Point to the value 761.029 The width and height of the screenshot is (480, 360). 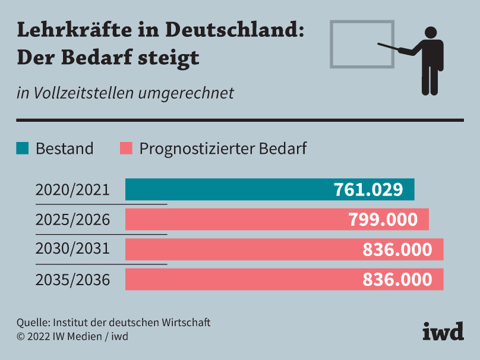(x=368, y=190)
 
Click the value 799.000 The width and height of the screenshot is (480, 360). (x=383, y=219)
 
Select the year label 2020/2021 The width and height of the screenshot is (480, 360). (x=72, y=190)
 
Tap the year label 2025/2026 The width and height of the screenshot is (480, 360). (x=72, y=219)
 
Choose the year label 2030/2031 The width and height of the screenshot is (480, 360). (x=72, y=248)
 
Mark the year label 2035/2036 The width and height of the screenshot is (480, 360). (x=72, y=279)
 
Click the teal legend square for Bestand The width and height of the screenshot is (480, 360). (x=22, y=148)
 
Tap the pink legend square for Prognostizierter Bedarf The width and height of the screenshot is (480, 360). (x=125, y=148)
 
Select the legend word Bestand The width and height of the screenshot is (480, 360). (x=64, y=149)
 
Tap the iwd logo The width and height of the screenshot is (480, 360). (x=443, y=331)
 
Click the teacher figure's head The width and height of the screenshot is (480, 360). (x=430, y=33)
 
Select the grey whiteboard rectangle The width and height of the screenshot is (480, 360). (x=362, y=44)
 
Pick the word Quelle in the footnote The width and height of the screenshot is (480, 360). (x=33, y=323)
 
